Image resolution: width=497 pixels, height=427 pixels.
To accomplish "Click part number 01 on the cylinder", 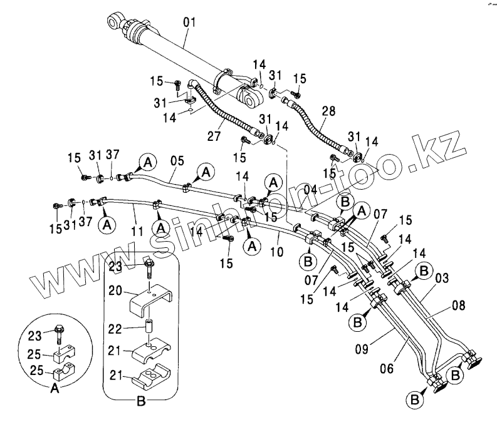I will click(189, 24).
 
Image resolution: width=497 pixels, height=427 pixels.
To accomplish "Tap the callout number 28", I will click(328, 111).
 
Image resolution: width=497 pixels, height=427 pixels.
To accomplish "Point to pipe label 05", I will click(177, 162).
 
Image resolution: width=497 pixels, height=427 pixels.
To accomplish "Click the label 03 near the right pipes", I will click(442, 278).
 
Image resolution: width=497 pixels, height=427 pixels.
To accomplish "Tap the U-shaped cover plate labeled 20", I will click(150, 299).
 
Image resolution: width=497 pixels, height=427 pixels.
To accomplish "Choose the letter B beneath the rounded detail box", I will click(141, 401).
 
